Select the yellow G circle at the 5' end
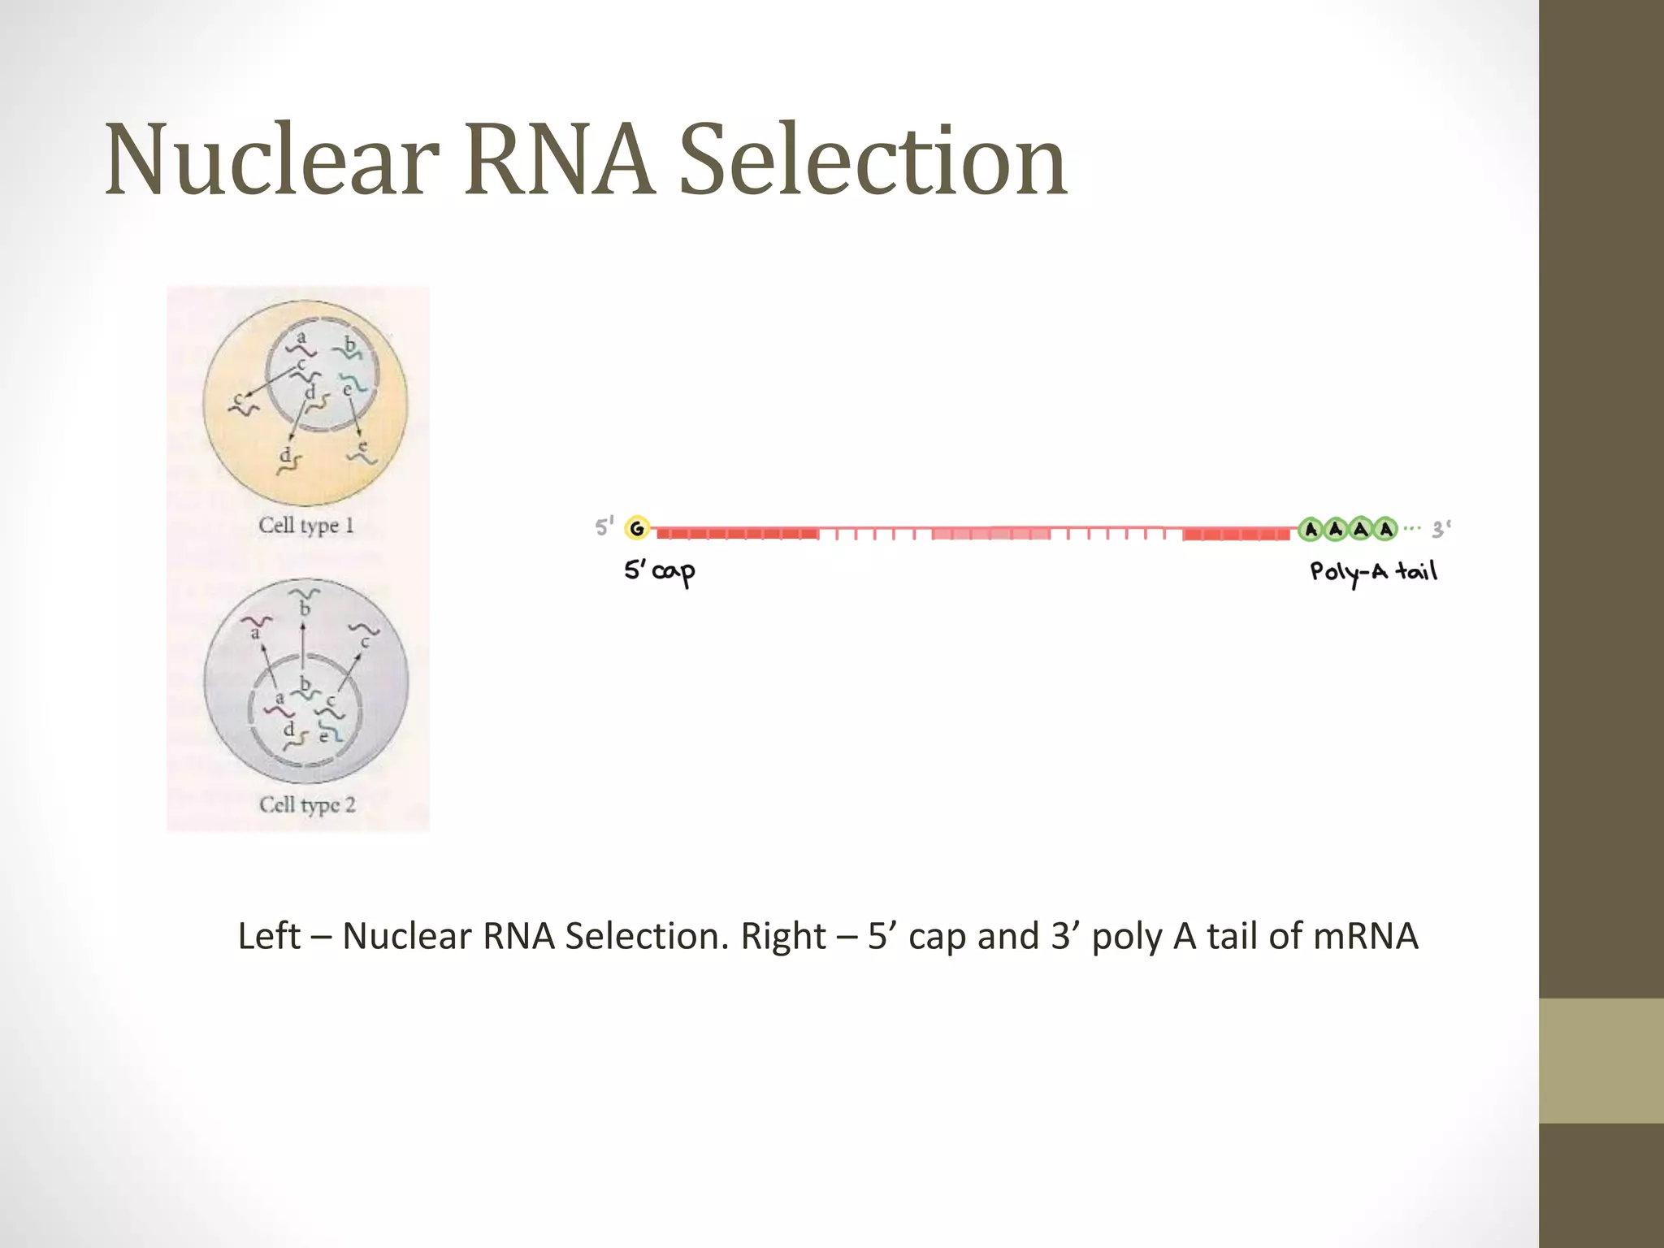[638, 529]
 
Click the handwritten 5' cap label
[660, 571]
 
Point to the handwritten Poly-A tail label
[1373, 572]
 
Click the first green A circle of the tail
[1311, 530]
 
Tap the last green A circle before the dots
[1386, 530]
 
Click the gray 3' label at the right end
[1441, 530]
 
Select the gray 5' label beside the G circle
[604, 527]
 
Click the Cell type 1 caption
[306, 526]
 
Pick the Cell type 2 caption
[307, 805]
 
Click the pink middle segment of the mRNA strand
[991, 534]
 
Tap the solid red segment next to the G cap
[737, 534]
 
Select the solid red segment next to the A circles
[1236, 534]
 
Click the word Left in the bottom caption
[269, 936]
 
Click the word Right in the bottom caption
[783, 936]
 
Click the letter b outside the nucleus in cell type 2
[305, 609]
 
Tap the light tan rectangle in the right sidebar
[1601, 1060]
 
